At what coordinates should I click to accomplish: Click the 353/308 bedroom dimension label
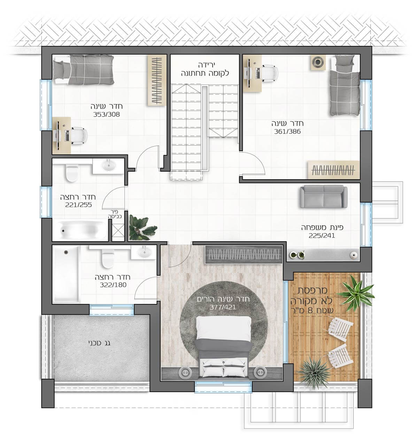click(x=106, y=115)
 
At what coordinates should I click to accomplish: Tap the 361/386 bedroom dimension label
click(x=287, y=132)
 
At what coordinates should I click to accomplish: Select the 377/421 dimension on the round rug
click(x=223, y=307)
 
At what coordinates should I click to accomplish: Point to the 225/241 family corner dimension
click(x=322, y=236)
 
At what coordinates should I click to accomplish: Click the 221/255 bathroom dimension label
click(x=79, y=205)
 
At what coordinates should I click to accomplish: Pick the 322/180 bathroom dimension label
click(x=113, y=285)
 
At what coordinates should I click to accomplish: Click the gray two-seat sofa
click(x=323, y=196)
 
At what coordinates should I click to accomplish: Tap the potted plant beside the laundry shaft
click(x=141, y=227)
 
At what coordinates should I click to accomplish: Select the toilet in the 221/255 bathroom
click(x=72, y=173)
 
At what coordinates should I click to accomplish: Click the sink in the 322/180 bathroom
click(x=144, y=252)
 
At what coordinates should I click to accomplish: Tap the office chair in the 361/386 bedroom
click(x=269, y=72)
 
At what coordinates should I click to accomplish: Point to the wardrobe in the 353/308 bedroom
click(x=157, y=80)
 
